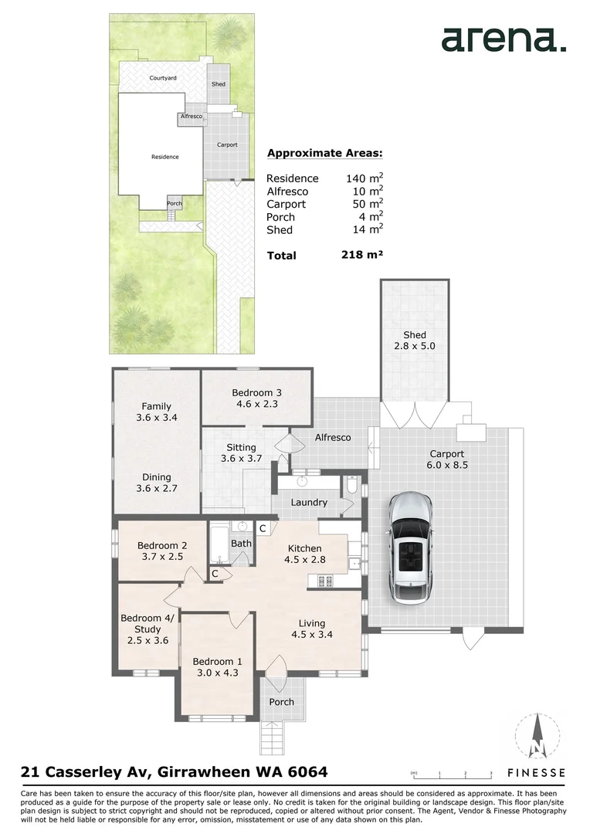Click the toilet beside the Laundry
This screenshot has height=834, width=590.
pyautogui.click(x=352, y=485)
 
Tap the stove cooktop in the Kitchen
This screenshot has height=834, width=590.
pyautogui.click(x=325, y=581)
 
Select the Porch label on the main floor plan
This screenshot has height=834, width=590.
pyautogui.click(x=281, y=702)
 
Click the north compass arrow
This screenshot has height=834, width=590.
pyautogui.click(x=537, y=736)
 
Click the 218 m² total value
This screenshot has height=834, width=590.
pyautogui.click(x=362, y=255)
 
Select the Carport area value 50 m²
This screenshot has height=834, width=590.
pyautogui.click(x=368, y=204)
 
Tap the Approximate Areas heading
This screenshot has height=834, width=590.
pyautogui.click(x=324, y=154)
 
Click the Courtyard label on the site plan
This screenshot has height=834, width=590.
pyautogui.click(x=163, y=78)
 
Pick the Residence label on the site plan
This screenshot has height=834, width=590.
pyautogui.click(x=165, y=157)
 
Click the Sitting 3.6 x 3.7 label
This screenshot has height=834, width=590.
pyautogui.click(x=242, y=453)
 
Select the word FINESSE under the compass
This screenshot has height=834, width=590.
pyautogui.click(x=536, y=773)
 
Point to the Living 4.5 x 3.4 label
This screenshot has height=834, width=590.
pyautogui.click(x=312, y=629)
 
